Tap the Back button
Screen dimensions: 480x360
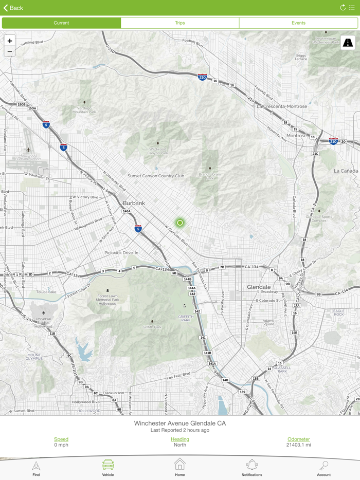tap(13, 8)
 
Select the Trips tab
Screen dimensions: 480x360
tap(180, 23)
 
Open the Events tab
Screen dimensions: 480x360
tap(298, 23)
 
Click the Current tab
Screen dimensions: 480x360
tap(61, 23)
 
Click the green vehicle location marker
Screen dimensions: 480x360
tap(180, 223)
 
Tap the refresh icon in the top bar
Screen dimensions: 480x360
tap(343, 8)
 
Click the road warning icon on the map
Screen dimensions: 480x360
tap(348, 43)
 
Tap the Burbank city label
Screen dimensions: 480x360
tap(134, 203)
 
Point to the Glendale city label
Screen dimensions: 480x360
tap(259, 287)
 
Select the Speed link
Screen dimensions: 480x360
tap(61, 439)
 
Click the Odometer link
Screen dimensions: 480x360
tap(298, 439)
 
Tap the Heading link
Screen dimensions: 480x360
tap(180, 439)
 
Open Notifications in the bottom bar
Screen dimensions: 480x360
tap(251, 467)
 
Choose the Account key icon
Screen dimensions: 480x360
tap(323, 467)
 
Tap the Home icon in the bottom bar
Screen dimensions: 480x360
tap(180, 467)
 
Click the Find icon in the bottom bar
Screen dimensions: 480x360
tap(36, 467)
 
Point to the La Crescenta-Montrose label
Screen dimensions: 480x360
tap(282, 106)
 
